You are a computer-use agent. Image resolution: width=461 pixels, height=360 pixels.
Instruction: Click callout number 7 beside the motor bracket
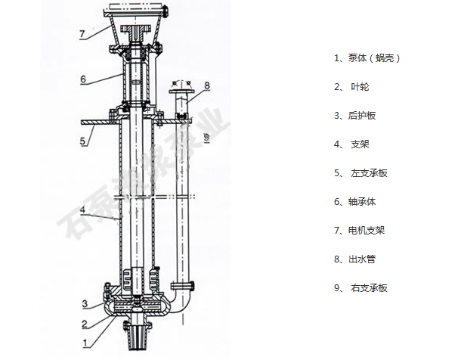[x=82, y=34]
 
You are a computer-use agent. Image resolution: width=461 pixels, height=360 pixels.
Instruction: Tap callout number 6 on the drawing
[x=83, y=79]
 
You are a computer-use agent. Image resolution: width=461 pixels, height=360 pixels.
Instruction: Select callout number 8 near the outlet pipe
[x=207, y=85]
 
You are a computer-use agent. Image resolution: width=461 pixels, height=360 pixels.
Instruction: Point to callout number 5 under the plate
[x=82, y=141]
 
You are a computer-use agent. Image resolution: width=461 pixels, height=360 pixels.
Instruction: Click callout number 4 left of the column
[x=82, y=209]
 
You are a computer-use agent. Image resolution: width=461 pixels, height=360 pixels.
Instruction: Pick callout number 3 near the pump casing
[x=85, y=303]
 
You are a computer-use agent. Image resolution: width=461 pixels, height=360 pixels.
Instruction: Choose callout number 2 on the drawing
[x=85, y=324]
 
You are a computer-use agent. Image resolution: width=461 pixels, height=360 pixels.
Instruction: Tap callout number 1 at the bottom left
[x=85, y=343]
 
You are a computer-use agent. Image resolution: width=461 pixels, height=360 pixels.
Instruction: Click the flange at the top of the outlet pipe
[x=181, y=92]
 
